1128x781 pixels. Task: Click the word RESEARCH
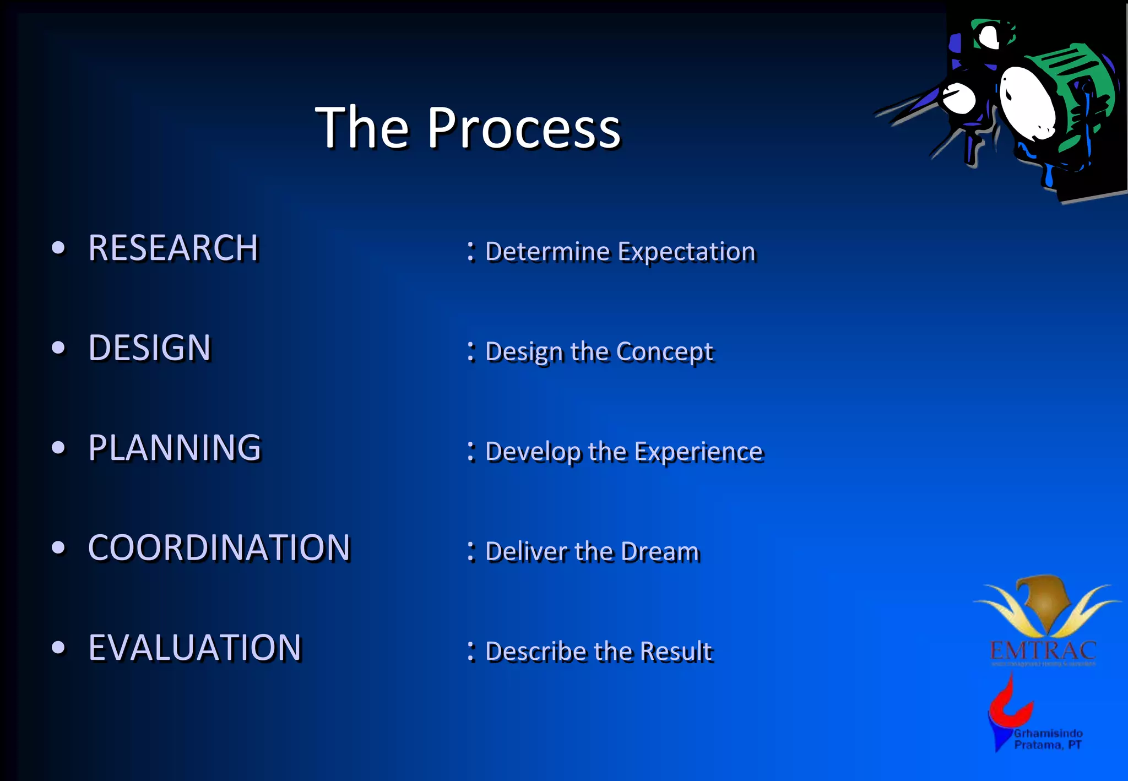(x=173, y=248)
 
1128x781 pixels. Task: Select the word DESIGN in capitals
(x=149, y=348)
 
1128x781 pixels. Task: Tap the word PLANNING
(x=174, y=448)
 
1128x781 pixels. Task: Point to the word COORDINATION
(x=219, y=548)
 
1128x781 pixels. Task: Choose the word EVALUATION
(x=194, y=648)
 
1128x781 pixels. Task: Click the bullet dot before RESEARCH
(x=58, y=248)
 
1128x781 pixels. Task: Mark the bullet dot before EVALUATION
(x=58, y=648)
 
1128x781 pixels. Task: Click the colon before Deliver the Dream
(x=471, y=551)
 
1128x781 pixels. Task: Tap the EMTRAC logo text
(x=1043, y=651)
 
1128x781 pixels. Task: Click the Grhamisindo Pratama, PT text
(x=1048, y=739)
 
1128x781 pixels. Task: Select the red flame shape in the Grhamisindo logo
(x=1009, y=708)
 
